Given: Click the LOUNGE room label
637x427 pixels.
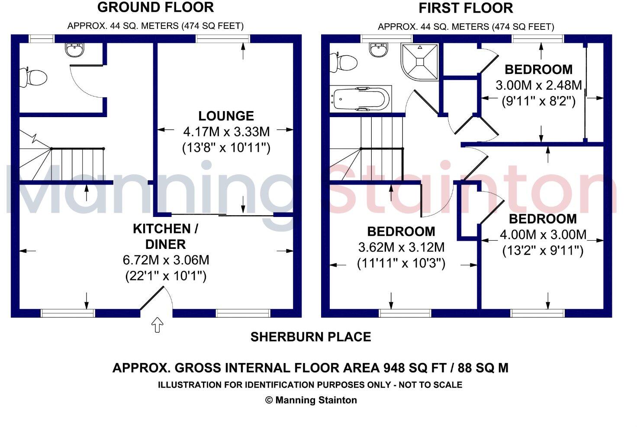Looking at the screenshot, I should point(226,116).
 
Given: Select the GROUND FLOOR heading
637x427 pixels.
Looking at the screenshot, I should point(155,7).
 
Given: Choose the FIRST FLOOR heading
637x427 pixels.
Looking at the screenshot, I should point(466,8).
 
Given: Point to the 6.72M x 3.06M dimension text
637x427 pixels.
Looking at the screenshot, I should point(166,260).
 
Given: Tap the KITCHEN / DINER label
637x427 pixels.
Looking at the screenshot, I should point(165,236).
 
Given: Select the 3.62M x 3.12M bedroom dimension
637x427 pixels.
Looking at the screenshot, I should point(401,248).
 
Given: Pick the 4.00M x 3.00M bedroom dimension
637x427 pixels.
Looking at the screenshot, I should point(543,235).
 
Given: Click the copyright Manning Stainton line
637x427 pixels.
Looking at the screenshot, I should point(311,400).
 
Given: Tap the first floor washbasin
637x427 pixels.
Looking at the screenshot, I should point(379,50).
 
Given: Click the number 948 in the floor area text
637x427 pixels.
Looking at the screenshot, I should point(394,368).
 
